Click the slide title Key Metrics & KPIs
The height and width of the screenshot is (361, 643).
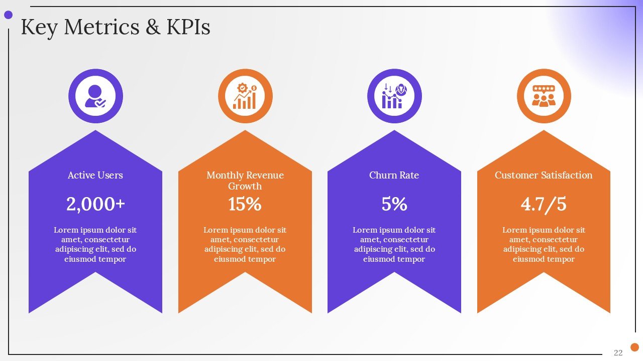click(115, 27)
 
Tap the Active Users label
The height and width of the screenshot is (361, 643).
click(95, 175)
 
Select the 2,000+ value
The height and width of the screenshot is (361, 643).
click(95, 204)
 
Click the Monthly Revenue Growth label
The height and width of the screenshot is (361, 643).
click(245, 180)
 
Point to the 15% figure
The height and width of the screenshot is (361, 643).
click(245, 204)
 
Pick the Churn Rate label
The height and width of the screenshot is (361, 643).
click(394, 175)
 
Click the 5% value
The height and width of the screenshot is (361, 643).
click(394, 204)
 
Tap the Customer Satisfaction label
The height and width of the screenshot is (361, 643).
click(544, 175)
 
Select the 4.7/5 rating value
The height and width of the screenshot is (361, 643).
click(544, 204)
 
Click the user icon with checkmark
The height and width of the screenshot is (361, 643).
click(95, 96)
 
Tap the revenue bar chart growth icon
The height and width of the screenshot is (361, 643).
click(245, 96)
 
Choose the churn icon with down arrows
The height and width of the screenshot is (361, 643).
click(394, 96)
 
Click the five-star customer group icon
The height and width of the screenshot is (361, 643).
click(544, 96)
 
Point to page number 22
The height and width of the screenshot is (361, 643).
click(618, 352)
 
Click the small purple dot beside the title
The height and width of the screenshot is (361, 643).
click(8, 15)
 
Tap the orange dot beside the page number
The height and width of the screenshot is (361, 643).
click(634, 347)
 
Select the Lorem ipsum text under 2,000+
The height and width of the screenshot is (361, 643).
click(95, 245)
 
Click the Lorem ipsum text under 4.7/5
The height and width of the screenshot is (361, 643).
click(544, 245)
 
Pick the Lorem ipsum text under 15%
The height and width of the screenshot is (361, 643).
click(245, 245)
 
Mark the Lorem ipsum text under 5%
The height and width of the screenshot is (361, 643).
click(394, 245)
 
